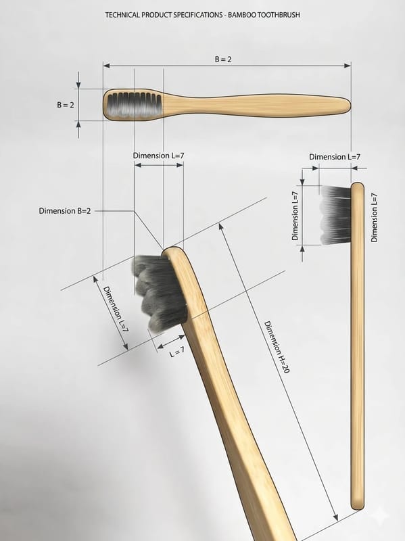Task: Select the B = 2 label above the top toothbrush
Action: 223,60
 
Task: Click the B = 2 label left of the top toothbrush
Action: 66,105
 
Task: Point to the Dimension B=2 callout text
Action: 65,211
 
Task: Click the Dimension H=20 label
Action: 277,347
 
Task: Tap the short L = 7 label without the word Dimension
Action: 177,352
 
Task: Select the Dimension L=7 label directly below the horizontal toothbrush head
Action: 159,156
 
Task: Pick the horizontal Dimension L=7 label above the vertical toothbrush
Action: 335,157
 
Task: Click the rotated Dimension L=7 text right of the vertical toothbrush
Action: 375,217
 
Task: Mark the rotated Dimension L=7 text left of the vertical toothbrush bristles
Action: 295,216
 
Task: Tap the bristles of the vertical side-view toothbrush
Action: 335,215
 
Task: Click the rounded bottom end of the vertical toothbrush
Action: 358,506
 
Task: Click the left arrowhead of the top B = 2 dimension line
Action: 107,66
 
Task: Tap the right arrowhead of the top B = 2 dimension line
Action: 348,66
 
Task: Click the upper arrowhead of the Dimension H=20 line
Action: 221,227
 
